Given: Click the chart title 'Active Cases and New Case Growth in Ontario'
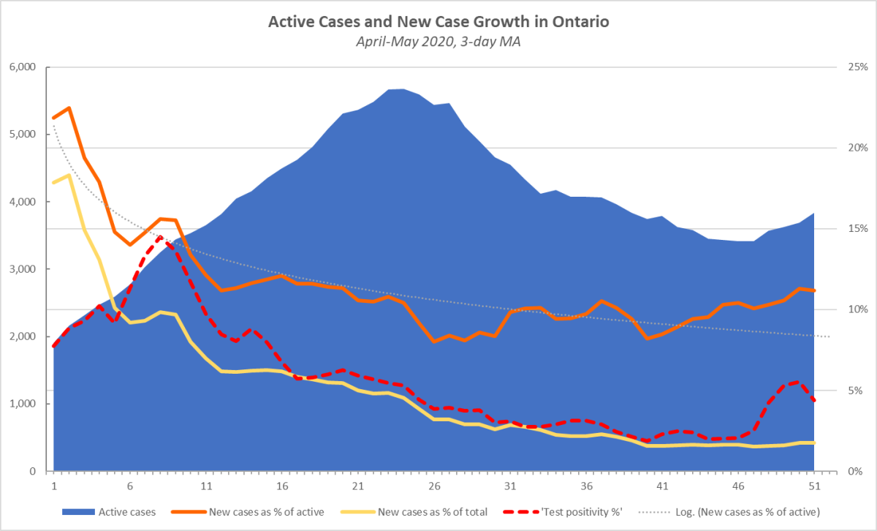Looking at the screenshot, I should pyautogui.click(x=438, y=21).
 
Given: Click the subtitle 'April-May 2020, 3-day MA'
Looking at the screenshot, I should pyautogui.click(x=438, y=42).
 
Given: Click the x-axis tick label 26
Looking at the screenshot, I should pyautogui.click(x=434, y=486).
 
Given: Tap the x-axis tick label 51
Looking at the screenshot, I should pyautogui.click(x=814, y=486).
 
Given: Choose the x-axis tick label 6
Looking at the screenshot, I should pyautogui.click(x=130, y=486).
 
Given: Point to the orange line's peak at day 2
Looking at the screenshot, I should pyautogui.click(x=69, y=108).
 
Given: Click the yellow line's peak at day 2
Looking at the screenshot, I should pyautogui.click(x=69, y=175).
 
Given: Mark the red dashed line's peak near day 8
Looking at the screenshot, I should pyautogui.click(x=160, y=237).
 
